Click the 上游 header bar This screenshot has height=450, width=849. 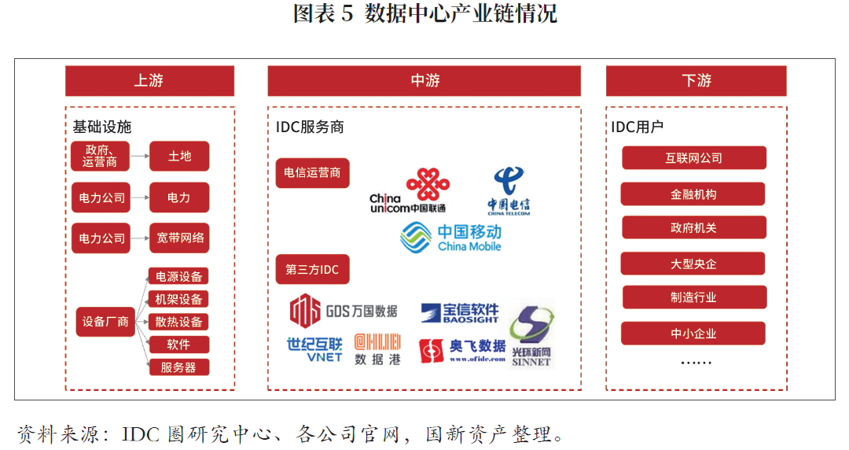coord(149,81)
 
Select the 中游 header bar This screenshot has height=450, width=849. coord(424,81)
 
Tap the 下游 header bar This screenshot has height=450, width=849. coord(696,81)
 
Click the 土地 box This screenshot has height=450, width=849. coord(179,156)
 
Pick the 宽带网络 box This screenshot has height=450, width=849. coord(179,238)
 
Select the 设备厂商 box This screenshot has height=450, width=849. coord(105,322)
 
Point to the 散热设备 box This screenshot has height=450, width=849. coord(178,322)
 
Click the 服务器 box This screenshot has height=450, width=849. coord(178,367)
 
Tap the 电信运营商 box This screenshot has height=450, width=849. coord(312,173)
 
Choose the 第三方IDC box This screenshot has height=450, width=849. coord(312,270)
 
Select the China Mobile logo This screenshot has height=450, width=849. coord(451,238)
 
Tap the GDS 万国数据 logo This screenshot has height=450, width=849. coord(344,311)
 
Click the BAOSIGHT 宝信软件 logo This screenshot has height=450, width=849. coord(460,313)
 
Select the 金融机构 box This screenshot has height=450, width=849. coord(693,194)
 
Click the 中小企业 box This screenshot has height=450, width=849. coord(693,334)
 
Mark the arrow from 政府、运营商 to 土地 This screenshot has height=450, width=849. coord(140,156)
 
